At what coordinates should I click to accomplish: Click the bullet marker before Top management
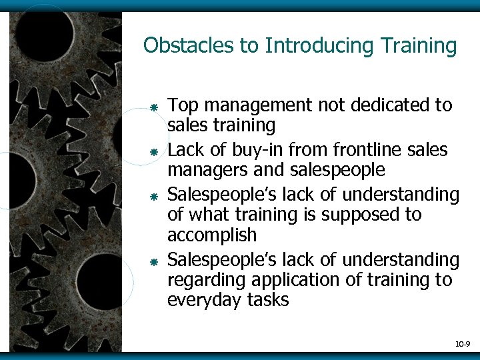click(x=153, y=107)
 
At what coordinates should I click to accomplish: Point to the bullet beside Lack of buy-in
click(x=153, y=153)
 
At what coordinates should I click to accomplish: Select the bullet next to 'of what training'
click(x=153, y=198)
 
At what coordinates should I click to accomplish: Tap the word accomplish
click(x=211, y=236)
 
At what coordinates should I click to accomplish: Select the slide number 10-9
click(x=462, y=344)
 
